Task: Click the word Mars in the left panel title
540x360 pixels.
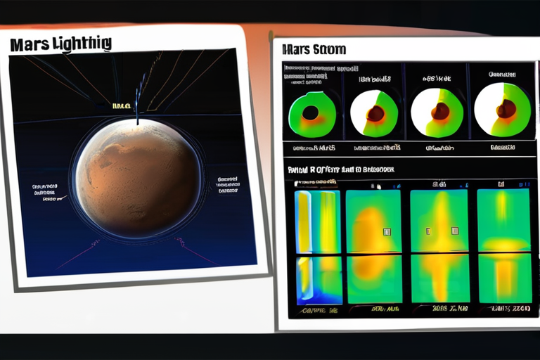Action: tap(30, 44)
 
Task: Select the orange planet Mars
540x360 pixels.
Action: tap(138, 179)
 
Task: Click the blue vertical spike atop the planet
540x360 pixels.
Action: tap(139, 95)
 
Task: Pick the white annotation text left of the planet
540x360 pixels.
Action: tap(44, 193)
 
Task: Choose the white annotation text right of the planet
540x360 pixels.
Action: tap(228, 184)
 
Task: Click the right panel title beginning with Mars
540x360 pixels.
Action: tap(313, 50)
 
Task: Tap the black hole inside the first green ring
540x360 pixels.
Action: tap(310, 112)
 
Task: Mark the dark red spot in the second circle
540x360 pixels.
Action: tap(375, 112)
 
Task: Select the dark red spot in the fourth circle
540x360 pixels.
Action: tap(506, 108)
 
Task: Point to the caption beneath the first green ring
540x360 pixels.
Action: tap(313, 148)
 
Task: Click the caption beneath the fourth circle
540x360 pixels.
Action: tap(502, 148)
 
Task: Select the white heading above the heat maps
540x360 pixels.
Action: tap(341, 169)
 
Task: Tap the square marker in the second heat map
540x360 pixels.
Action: tap(386, 231)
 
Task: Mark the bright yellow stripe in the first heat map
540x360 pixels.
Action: tap(304, 221)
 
